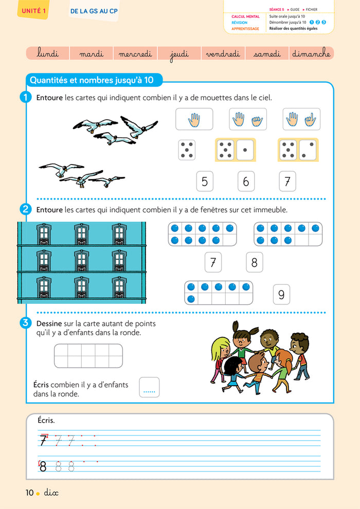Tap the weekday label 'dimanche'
[311, 53]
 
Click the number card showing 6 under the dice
[246, 181]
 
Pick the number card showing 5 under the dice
[205, 181]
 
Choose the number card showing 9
[281, 295]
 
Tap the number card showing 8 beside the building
[254, 262]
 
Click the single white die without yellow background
[186, 150]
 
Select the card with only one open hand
[194, 119]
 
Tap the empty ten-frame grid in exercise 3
[88, 356]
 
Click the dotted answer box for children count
[149, 388]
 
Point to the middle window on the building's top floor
[81, 234]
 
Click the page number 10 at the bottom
[30, 493]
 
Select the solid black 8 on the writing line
[43, 466]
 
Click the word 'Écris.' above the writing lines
[46, 421]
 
